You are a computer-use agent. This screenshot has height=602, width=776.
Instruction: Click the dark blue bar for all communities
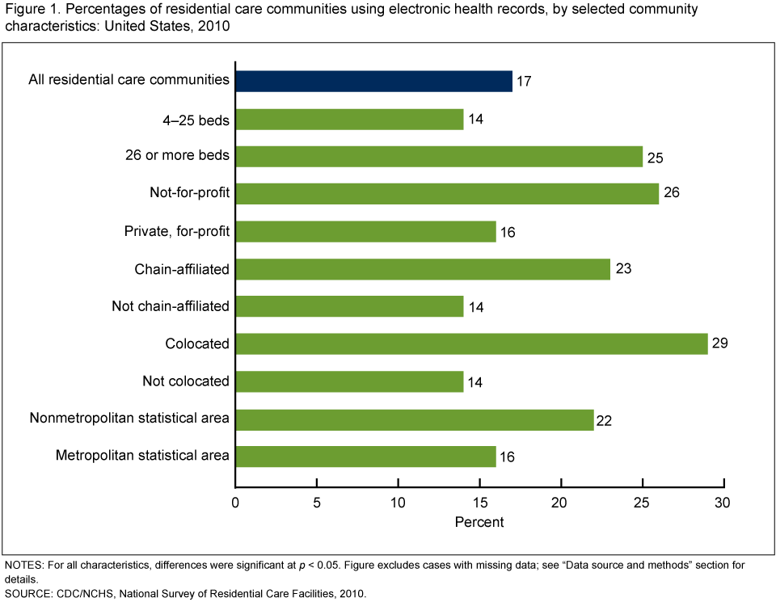[373, 81]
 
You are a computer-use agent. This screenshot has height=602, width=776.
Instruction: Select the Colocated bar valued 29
[471, 343]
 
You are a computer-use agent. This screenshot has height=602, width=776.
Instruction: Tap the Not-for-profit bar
[447, 194]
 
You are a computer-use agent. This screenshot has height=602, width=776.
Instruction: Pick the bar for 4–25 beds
[349, 120]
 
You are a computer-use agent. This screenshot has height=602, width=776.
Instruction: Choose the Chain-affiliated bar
[423, 269]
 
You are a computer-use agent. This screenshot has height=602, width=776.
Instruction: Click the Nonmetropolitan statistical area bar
[415, 419]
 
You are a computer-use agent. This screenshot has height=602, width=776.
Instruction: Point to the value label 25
[655, 158]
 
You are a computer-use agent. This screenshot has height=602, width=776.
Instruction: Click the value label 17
[525, 82]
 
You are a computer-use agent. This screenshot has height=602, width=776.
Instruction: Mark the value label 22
[605, 419]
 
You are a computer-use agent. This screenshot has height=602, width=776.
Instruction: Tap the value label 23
[622, 269]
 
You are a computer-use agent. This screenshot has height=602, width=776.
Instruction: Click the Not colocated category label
[186, 381]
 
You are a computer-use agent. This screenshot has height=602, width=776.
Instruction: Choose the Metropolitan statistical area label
[142, 456]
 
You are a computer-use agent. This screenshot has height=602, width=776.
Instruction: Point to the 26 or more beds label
[178, 156]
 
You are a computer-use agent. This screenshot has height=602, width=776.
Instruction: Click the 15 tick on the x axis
[479, 503]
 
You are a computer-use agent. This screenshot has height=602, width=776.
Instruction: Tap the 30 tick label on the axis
[723, 503]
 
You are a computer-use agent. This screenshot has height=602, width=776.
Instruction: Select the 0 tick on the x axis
[235, 503]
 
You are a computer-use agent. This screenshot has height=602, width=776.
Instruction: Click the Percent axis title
[479, 522]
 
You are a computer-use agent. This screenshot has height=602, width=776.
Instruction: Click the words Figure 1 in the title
[27, 9]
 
